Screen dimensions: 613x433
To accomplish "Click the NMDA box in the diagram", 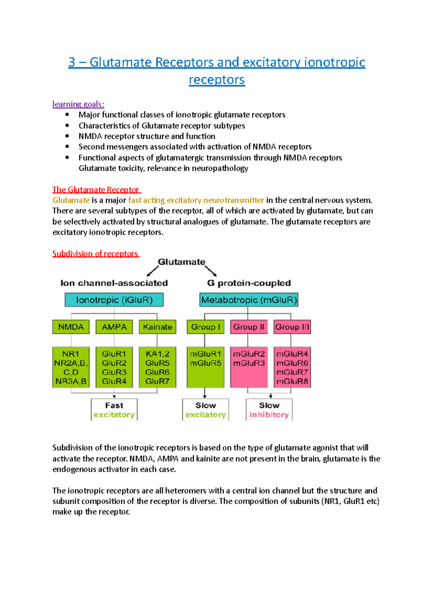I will coord(71,327).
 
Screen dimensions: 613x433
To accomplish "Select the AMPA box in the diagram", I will coord(114,327).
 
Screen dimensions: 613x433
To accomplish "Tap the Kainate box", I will coord(157,327).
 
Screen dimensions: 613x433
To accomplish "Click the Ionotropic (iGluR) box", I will coord(114,300).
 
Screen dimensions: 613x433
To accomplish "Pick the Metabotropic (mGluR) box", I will coord(249,300).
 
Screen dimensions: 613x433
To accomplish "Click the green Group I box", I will coord(205,327).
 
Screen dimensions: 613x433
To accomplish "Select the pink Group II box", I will coord(249,327).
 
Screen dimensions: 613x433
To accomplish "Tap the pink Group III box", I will coord(292,327).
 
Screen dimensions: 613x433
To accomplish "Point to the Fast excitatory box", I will coord(114,410).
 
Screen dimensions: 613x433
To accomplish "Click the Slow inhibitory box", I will coord(269,410).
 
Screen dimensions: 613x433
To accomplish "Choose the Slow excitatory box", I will coord(205,410).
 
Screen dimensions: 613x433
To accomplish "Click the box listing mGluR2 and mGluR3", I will coord(249,367).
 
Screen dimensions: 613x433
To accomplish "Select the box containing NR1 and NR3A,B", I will coord(71,367).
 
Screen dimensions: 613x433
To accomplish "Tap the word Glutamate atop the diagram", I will coord(181,262).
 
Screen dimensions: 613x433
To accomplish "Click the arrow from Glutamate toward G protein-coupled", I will coord(211,271).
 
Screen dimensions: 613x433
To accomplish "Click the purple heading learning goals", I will coord(78,104).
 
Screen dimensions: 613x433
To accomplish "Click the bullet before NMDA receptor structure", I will coord(67,136).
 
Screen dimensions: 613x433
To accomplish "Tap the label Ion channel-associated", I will coord(114,283).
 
